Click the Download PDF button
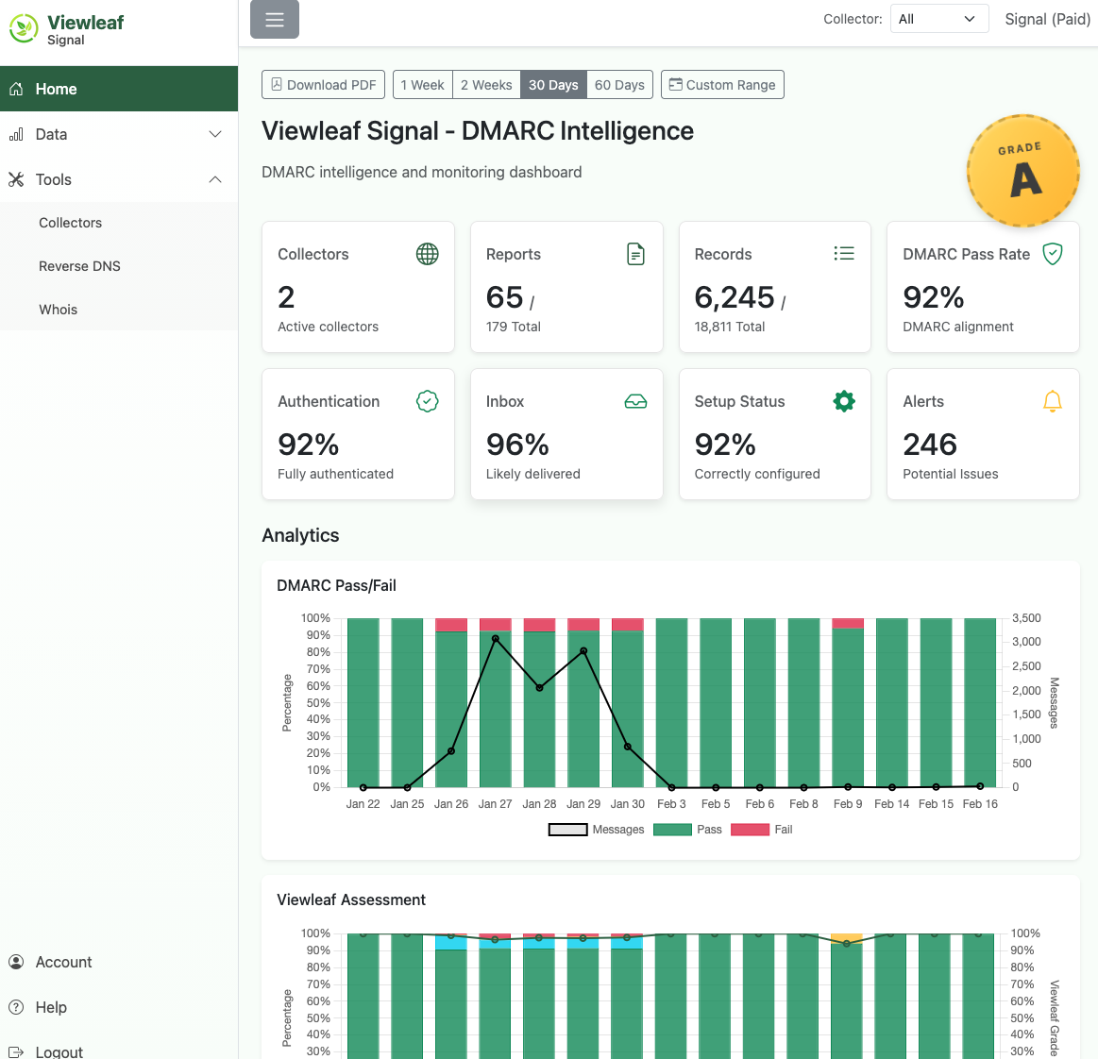323,85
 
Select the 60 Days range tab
619,85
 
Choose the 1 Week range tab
422,85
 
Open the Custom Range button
722,85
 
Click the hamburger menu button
275,20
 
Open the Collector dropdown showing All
938,19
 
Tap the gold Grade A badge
1022,171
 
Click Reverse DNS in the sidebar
79,266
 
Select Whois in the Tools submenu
58,310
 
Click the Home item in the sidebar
57,89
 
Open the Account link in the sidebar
63,962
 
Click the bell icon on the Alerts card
1052,401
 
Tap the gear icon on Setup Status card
843,401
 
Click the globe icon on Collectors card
427,254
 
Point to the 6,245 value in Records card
734,297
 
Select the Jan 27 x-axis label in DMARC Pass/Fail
495,804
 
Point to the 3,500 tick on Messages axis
1026,618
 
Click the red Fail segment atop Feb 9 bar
848,623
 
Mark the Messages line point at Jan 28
539,688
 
